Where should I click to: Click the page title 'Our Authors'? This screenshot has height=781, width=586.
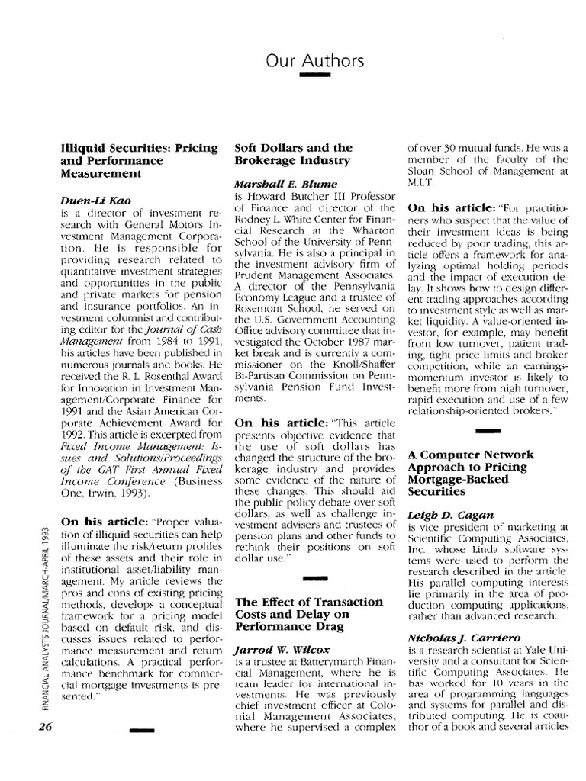315,60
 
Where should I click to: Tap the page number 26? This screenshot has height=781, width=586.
39,726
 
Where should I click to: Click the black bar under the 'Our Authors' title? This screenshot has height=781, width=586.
315,76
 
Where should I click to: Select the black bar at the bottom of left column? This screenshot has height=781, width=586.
143,731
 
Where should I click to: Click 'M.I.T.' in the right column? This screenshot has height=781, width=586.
424,183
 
